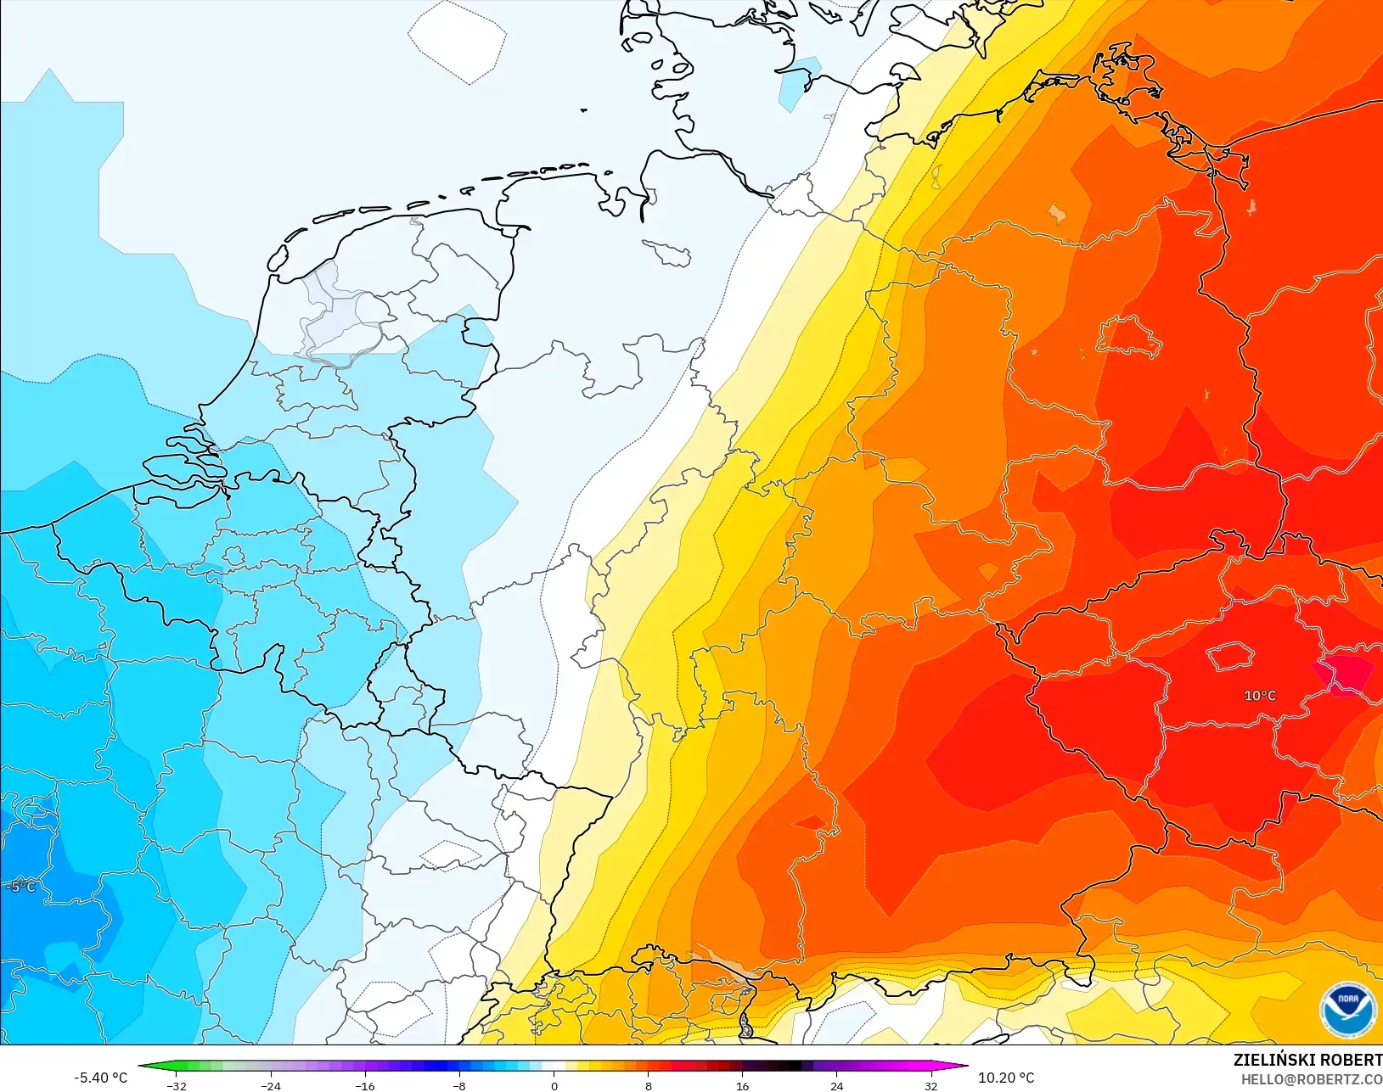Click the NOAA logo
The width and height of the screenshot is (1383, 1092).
[x=1348, y=1009]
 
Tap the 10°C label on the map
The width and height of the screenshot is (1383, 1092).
[x=1260, y=696]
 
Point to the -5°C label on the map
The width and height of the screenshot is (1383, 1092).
[x=21, y=887]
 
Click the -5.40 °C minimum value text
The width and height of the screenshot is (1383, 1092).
[x=100, y=1078]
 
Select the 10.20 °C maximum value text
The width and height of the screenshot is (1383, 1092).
[x=1006, y=1078]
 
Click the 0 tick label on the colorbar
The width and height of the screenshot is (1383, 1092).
[x=554, y=1086]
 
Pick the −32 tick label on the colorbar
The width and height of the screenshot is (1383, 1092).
[x=177, y=1086]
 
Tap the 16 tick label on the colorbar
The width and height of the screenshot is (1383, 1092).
[x=743, y=1086]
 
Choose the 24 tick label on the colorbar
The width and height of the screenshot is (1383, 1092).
[x=837, y=1086]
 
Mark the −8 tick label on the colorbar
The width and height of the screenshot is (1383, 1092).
[x=459, y=1086]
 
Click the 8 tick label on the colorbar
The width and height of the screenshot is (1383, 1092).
[x=649, y=1086]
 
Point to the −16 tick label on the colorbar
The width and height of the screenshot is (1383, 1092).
[x=365, y=1086]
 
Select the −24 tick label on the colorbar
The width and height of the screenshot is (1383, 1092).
[x=271, y=1086]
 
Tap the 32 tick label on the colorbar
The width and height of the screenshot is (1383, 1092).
[x=931, y=1086]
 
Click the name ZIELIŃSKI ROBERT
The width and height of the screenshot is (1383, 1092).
[x=1307, y=1060]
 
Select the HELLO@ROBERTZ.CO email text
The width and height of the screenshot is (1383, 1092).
[x=1312, y=1079]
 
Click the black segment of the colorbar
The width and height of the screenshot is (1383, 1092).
[x=790, y=1067]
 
